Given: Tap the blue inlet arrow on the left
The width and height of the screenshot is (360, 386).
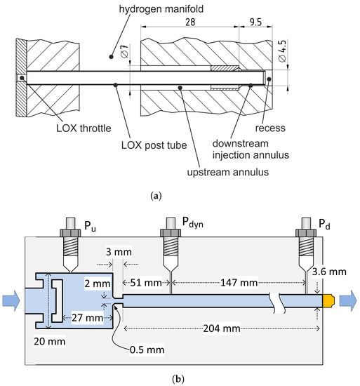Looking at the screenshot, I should [11, 300].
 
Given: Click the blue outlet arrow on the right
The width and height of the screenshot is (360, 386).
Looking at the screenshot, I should [349, 300].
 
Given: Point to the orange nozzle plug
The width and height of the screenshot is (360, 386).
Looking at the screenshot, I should [327, 300].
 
